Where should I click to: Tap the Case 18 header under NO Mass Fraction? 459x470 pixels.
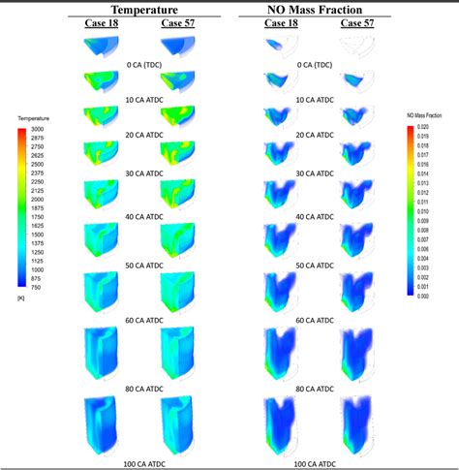click(x=283, y=22)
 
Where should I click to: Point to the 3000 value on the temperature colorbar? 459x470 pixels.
click(x=39, y=129)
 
